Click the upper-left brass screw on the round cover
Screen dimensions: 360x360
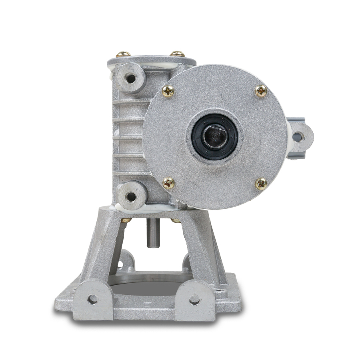(168, 92)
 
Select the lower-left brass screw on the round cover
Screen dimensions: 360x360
(168, 183)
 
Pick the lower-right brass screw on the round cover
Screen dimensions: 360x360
(261, 184)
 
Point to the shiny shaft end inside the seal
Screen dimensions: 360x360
(215, 137)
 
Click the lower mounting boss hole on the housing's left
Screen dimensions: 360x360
(131, 196)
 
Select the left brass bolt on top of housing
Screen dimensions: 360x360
(123, 54)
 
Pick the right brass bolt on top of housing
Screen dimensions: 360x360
(177, 54)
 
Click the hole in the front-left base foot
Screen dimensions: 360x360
(92, 299)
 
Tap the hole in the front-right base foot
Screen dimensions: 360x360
(194, 299)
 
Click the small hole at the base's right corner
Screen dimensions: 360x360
(219, 288)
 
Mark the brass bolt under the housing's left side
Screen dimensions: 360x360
(126, 220)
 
